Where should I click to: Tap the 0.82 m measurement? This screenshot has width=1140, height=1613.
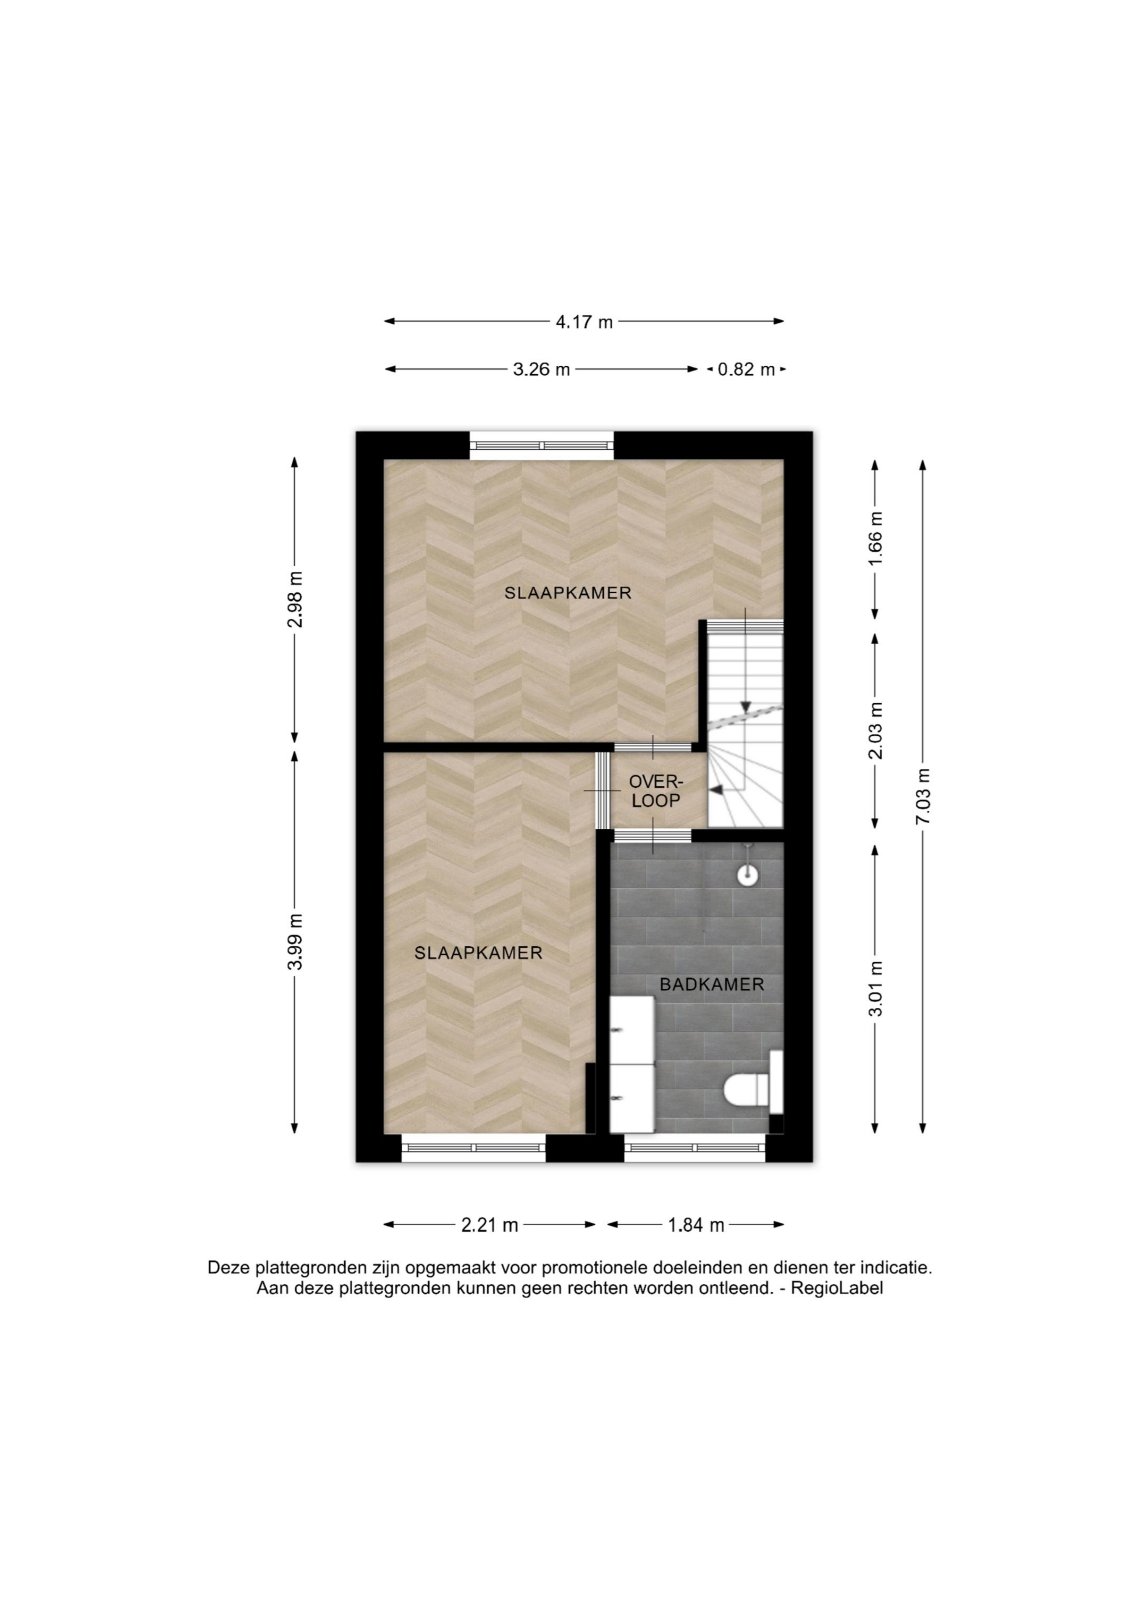tap(746, 370)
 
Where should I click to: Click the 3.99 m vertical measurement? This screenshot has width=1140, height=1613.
tap(295, 941)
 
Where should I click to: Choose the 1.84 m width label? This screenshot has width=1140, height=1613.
tap(696, 1225)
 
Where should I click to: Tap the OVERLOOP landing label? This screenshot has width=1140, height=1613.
tap(656, 791)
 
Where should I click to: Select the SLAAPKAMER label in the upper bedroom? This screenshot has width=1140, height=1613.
tap(568, 593)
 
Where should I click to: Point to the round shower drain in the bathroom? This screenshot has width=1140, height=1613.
tap(747, 875)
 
